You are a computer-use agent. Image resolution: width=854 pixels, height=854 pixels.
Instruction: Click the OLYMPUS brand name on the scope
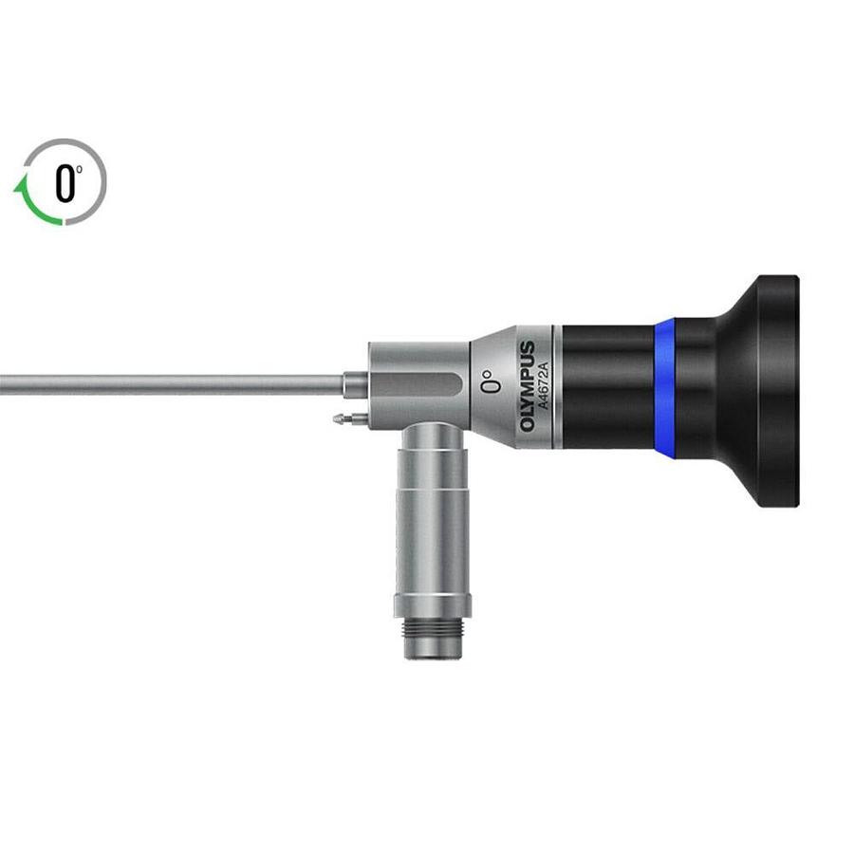[528, 386]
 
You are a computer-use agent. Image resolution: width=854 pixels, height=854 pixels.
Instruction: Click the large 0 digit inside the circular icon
[64, 183]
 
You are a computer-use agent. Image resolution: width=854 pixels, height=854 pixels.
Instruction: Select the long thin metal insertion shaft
[171, 384]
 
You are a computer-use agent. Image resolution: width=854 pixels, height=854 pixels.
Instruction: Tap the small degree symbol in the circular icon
[80, 170]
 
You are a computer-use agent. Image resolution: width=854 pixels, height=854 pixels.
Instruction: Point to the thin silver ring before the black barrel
[557, 387]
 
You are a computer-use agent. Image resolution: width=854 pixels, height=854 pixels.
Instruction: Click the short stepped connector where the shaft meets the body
[353, 384]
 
